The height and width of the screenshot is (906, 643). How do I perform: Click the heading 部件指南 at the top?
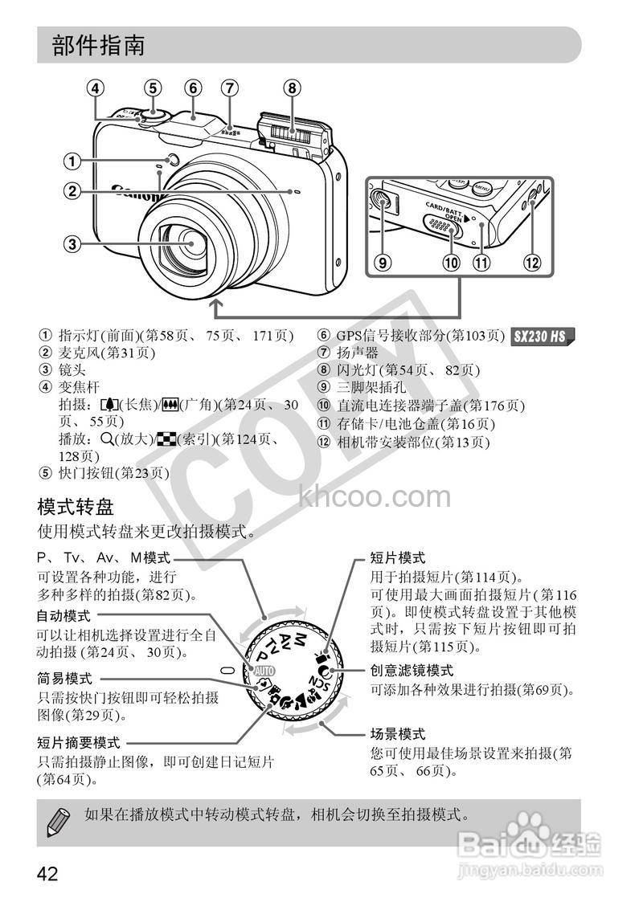tap(99, 45)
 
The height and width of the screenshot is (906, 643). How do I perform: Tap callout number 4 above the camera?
tap(96, 88)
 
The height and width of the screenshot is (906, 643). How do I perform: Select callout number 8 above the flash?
tap(292, 88)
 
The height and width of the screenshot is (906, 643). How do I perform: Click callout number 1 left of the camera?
tap(72, 161)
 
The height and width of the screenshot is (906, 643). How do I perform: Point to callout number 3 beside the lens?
tap(72, 243)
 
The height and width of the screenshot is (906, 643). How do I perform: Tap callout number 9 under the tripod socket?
tap(383, 261)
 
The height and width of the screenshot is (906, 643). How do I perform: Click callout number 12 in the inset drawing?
tap(531, 261)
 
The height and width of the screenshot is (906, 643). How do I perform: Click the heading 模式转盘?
tap(76, 507)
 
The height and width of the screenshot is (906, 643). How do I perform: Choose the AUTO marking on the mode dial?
tap(264, 670)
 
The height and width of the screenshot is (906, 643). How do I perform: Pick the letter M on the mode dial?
tap(301, 639)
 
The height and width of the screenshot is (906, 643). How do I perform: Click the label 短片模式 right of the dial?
tap(398, 557)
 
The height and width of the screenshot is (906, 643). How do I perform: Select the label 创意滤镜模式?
tap(412, 669)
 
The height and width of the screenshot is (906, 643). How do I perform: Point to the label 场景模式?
tap(398, 733)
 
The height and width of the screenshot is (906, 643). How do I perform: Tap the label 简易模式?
tap(65, 677)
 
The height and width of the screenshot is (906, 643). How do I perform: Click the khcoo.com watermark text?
tap(375, 497)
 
